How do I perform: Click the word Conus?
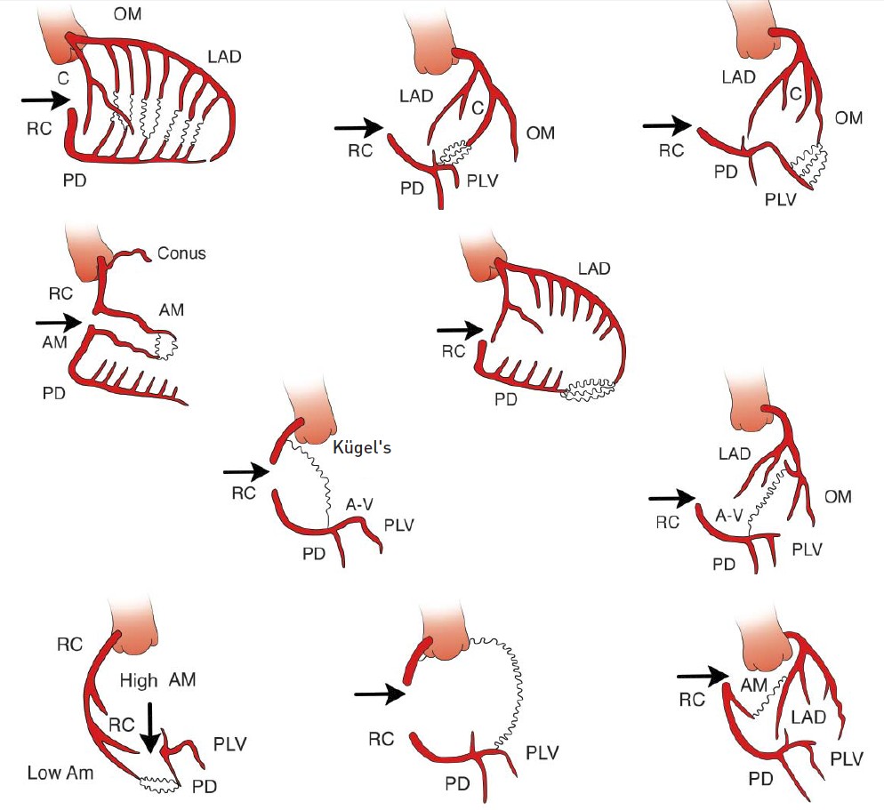click(x=181, y=253)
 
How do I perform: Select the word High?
click(x=139, y=681)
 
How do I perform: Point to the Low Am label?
click(x=60, y=773)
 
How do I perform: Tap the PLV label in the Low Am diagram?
click(x=229, y=742)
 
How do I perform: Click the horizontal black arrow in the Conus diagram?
click(x=58, y=321)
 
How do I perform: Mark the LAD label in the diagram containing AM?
click(x=808, y=716)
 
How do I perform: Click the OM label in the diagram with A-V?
click(x=838, y=497)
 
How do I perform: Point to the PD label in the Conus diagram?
click(x=54, y=392)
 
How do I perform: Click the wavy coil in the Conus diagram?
click(x=165, y=345)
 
